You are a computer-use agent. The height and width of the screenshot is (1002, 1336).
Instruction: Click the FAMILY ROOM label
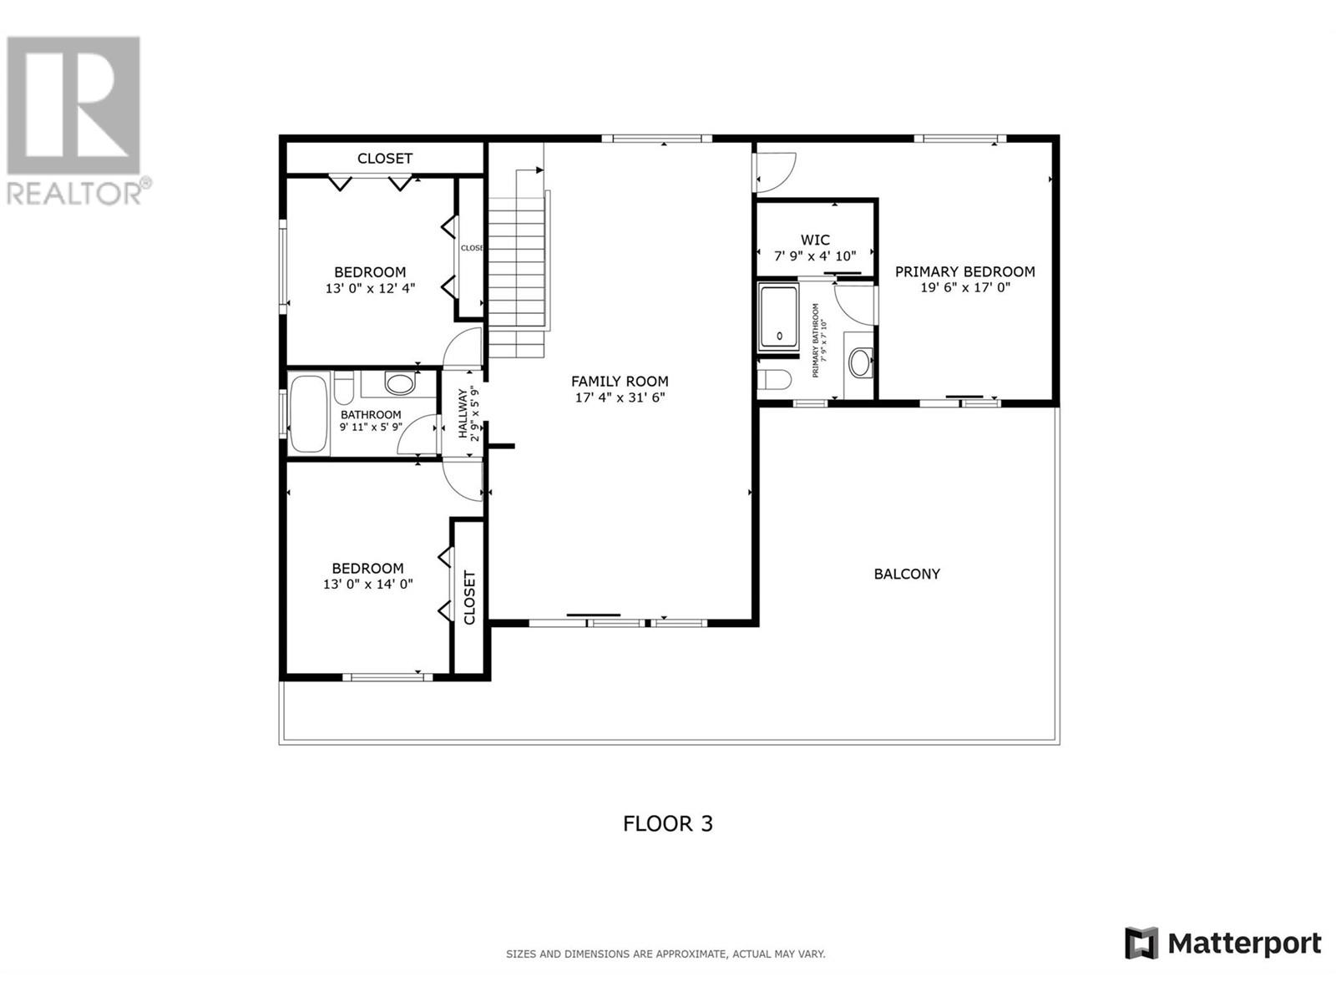coord(620,381)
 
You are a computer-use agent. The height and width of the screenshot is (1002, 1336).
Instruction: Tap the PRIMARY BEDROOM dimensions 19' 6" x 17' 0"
coord(964,287)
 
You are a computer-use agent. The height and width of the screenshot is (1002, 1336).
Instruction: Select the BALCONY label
coord(907,574)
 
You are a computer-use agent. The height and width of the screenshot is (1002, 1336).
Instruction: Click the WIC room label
coord(815,240)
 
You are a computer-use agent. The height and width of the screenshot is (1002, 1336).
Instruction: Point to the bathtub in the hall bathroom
coord(309,414)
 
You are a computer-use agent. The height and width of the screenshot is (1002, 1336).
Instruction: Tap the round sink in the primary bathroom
coord(859,362)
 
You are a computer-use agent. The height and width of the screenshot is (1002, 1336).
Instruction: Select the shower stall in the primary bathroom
coord(778,317)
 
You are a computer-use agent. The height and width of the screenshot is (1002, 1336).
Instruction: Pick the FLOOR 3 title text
coord(668,823)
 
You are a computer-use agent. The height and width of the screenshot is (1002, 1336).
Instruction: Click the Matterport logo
coord(1223,944)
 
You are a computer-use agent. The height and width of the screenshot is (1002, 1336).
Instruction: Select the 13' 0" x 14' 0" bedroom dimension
coord(368,584)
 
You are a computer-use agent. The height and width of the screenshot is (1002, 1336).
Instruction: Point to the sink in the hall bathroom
coord(400,384)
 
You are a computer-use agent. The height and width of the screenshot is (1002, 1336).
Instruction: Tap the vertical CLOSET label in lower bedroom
coord(469,597)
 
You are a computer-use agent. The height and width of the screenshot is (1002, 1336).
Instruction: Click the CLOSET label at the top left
coord(385,158)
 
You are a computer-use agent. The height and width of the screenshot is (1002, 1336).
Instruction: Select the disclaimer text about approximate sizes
coord(665,954)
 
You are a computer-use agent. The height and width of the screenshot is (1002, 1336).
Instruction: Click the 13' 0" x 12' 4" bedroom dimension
coord(370,288)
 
